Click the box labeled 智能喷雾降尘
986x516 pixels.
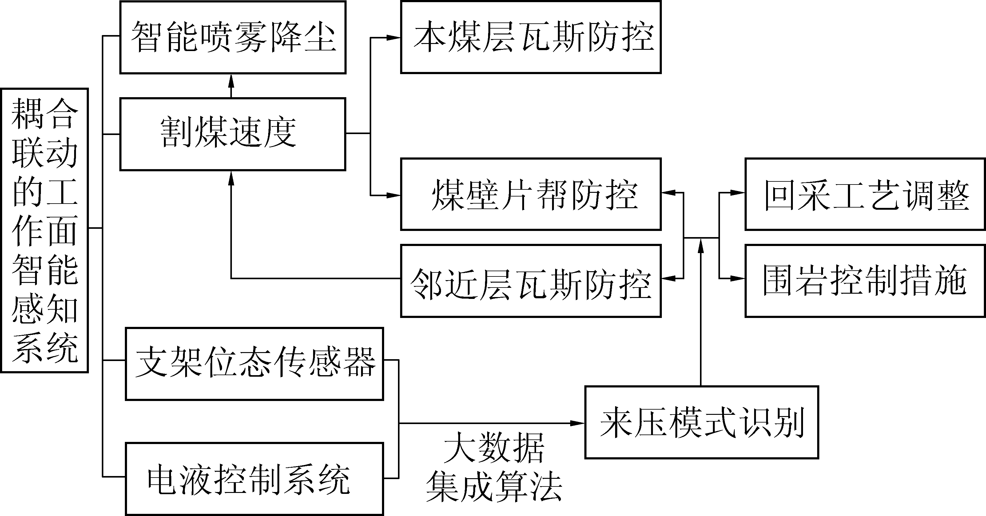(x=233, y=37)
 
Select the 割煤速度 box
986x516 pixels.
(x=233, y=134)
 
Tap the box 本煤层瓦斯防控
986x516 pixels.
(x=531, y=37)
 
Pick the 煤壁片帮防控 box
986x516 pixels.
(x=531, y=194)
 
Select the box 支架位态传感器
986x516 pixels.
(x=255, y=364)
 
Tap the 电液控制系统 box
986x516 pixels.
(x=255, y=479)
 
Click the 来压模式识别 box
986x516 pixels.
(x=702, y=422)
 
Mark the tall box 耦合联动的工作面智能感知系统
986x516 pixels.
(x=44, y=230)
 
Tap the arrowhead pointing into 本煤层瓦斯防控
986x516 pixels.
(x=393, y=38)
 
